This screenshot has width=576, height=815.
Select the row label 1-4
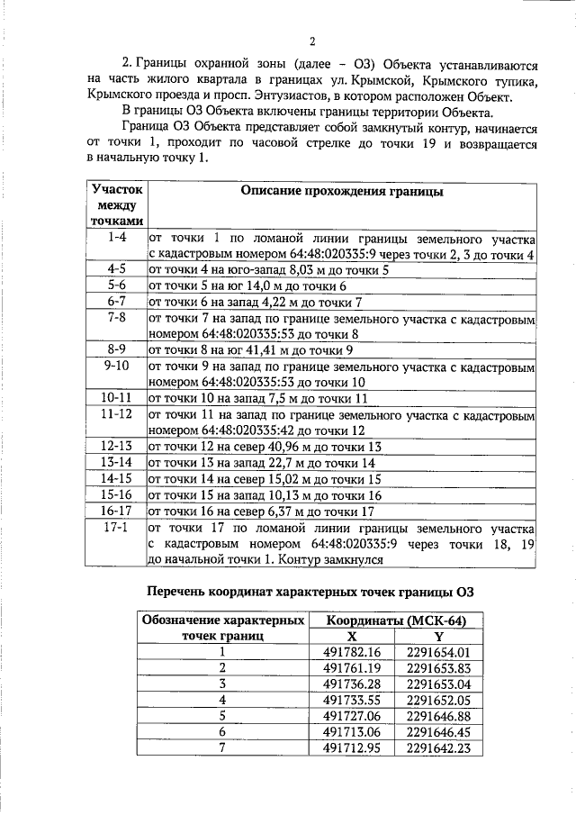click(x=115, y=238)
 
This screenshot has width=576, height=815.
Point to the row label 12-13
click(x=115, y=446)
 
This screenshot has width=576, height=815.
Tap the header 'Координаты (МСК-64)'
click(x=392, y=620)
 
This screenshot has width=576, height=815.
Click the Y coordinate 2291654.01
click(x=438, y=652)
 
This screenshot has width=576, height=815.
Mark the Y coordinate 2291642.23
click(x=438, y=748)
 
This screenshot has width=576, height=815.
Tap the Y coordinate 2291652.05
click(x=438, y=700)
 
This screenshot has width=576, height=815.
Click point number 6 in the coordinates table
click(x=221, y=732)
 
